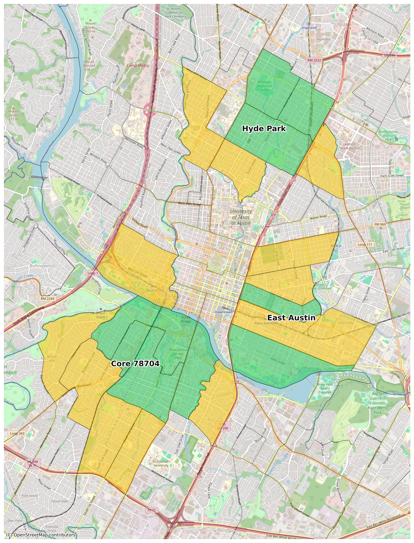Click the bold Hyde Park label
[x=264, y=129]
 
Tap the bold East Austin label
[x=291, y=318]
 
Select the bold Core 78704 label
[x=135, y=364]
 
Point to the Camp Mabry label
[x=138, y=65]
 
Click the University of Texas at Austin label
[x=241, y=217]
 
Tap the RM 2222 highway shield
[x=314, y=60]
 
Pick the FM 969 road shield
[x=380, y=224]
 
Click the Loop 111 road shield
[x=365, y=245]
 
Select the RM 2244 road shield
[x=47, y=298]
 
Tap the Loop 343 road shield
[x=17, y=434]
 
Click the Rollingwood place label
[x=42, y=266]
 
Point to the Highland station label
[x=309, y=28]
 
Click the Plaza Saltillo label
[x=265, y=323]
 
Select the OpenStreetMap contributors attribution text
[x=41, y=535]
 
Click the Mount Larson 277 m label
[x=13, y=115]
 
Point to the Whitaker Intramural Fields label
[x=264, y=86]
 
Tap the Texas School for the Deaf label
[x=178, y=354]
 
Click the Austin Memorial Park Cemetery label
[x=175, y=13]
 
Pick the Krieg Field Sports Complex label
[x=325, y=388]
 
